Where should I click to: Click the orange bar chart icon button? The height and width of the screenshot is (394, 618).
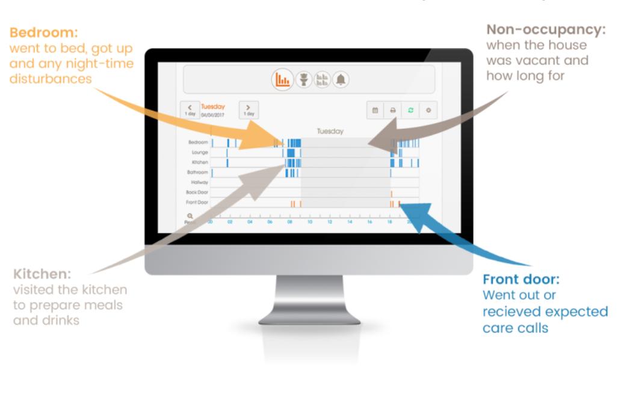pos(282,79)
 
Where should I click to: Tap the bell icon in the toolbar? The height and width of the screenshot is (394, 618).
pos(341,79)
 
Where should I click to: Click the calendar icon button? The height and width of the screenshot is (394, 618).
pos(375,110)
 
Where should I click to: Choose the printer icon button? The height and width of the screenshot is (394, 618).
pos(392,110)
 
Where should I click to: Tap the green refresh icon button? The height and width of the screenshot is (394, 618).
pos(410,110)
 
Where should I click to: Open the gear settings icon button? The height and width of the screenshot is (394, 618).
pos(428,110)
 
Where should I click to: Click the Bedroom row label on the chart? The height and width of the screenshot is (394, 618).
pos(198,143)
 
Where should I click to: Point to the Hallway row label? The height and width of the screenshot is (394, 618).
pos(199,182)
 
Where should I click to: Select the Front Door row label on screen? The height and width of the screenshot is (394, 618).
pos(197,202)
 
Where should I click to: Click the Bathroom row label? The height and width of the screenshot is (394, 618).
pos(197,172)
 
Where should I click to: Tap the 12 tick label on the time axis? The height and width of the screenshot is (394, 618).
pos(330,223)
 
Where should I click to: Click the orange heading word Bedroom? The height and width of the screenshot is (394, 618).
pos(44,31)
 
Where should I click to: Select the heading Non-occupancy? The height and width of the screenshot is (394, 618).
pos(546,30)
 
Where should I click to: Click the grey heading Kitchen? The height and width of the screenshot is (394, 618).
pos(42,274)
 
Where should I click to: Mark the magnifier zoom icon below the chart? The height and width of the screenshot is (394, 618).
pos(190,216)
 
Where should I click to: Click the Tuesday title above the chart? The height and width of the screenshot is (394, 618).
pos(330,131)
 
